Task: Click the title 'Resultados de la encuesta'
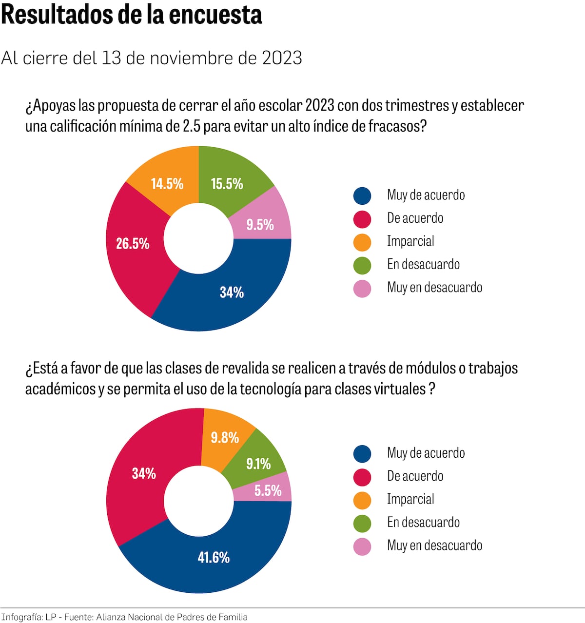(x=132, y=15)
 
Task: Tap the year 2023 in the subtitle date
(x=282, y=58)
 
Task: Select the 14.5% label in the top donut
(x=167, y=184)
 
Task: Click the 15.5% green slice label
(x=227, y=184)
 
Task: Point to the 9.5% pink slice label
(x=260, y=225)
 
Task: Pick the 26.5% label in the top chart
(x=133, y=244)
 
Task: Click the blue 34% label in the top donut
(x=232, y=292)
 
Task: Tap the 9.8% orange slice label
(x=225, y=438)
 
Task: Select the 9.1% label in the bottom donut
(x=258, y=464)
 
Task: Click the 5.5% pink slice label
(x=268, y=490)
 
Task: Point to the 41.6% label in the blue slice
(x=214, y=557)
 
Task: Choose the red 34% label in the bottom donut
(x=144, y=473)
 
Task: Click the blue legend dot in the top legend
(x=362, y=196)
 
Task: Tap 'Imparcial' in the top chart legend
(x=410, y=241)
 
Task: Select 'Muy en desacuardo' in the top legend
(x=434, y=288)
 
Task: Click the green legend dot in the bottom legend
(x=362, y=524)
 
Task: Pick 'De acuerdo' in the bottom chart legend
(x=415, y=476)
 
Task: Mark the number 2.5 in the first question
(x=191, y=126)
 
